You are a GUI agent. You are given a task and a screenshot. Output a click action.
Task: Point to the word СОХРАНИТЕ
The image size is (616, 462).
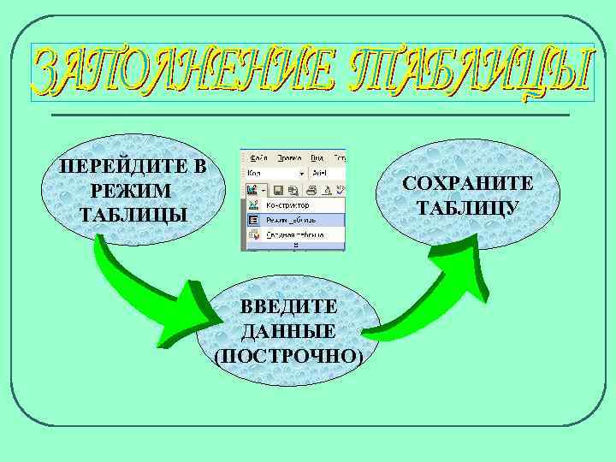tap(468, 184)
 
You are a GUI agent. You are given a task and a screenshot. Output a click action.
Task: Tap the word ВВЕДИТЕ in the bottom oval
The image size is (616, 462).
tap(288, 307)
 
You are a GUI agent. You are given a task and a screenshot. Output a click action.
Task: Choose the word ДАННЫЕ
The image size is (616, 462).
tap(288, 331)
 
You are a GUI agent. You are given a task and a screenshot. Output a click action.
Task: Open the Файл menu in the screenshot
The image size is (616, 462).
tap(260, 157)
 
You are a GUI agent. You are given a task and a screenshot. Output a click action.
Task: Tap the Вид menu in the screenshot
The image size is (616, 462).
tap(317, 157)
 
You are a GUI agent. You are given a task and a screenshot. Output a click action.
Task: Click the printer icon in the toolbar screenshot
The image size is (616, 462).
tap(311, 190)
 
